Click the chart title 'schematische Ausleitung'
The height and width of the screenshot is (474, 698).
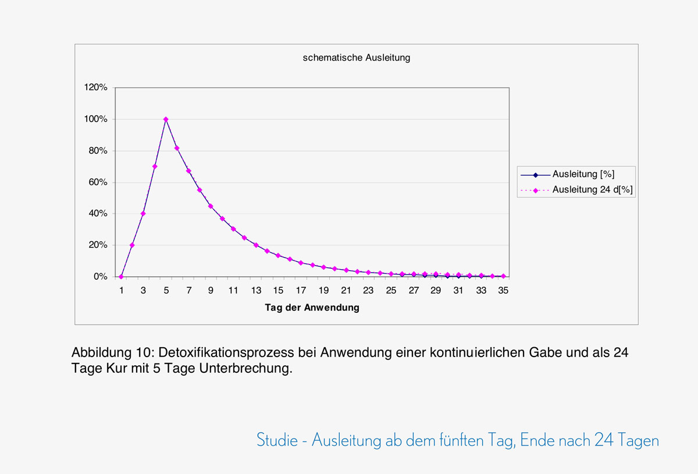click(x=357, y=58)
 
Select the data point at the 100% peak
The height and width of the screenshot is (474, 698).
click(x=166, y=119)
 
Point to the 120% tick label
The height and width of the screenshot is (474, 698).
click(x=97, y=87)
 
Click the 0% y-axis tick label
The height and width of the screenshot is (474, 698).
click(x=101, y=277)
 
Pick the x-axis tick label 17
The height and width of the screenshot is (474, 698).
click(x=301, y=290)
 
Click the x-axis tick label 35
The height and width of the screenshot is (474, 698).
click(x=504, y=290)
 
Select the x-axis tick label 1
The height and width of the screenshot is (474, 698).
click(x=121, y=290)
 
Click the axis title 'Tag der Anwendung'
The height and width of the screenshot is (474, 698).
click(x=312, y=308)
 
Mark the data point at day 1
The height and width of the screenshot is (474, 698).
click(x=121, y=277)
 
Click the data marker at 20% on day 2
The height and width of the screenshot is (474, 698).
click(x=132, y=245)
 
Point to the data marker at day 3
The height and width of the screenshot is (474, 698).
click(x=143, y=213)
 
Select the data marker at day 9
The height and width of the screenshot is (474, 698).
click(x=211, y=206)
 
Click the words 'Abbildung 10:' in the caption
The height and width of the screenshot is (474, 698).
click(x=112, y=353)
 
